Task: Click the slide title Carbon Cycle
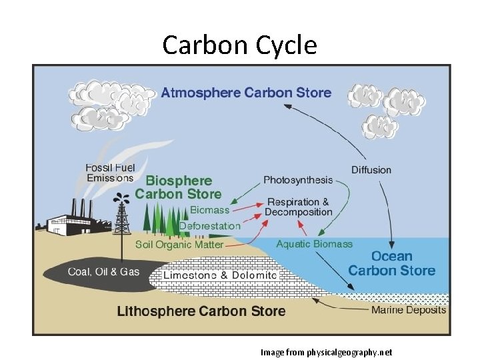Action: [239, 45]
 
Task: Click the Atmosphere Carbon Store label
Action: [246, 92]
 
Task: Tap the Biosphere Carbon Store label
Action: [178, 187]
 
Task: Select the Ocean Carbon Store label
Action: [391, 263]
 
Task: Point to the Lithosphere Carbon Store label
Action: [201, 311]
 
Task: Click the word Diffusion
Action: [371, 169]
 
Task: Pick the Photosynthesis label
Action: [297, 180]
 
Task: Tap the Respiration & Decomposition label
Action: [298, 207]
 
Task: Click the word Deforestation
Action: [209, 225]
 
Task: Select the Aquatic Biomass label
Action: [314, 244]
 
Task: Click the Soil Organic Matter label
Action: [179, 244]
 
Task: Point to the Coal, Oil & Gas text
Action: [103, 271]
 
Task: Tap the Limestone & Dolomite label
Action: [220, 275]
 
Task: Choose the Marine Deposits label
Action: [408, 310]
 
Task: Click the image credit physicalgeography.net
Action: [326, 351]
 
